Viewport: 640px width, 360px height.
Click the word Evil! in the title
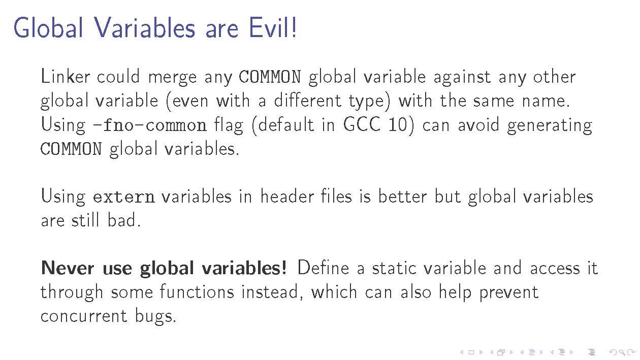pyautogui.click(x=273, y=28)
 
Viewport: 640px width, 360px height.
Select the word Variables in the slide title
pyautogui.click(x=145, y=28)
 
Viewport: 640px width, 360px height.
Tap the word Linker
pyautogui.click(x=65, y=76)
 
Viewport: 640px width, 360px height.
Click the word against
pyautogui.click(x=462, y=78)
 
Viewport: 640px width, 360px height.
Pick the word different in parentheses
pyautogui.click(x=307, y=101)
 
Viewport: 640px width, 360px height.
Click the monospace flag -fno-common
pyautogui.click(x=150, y=125)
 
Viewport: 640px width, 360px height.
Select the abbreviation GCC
pyautogui.click(x=362, y=124)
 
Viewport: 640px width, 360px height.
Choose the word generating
pyautogui.click(x=550, y=126)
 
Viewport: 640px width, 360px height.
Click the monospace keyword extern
pyautogui.click(x=124, y=197)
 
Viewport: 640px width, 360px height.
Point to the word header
pyautogui.click(x=287, y=197)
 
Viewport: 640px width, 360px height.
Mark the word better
pyautogui.click(x=403, y=197)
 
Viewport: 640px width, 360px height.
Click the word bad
pyautogui.click(x=124, y=220)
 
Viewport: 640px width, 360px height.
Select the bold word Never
pyautogui.click(x=68, y=268)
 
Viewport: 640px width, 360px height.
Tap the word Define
pyautogui.click(x=324, y=268)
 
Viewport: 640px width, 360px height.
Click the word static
pyautogui.click(x=394, y=268)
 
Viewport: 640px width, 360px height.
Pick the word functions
pyautogui.click(x=197, y=292)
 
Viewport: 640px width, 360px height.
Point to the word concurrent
pyautogui.click(x=84, y=316)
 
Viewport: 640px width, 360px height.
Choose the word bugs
pyautogui.click(x=155, y=317)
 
